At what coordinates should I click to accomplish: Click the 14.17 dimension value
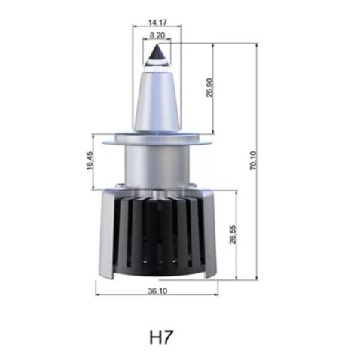click(x=157, y=22)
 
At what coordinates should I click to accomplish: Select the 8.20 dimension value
click(x=157, y=35)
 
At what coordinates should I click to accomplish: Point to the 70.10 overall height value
click(x=254, y=161)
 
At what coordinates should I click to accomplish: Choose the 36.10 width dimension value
click(x=157, y=291)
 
